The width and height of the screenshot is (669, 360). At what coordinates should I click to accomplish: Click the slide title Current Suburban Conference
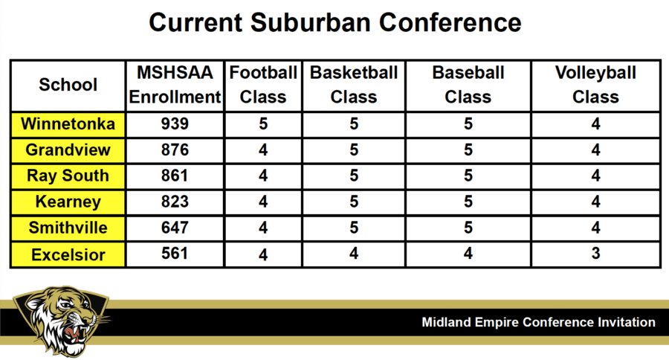point(335,22)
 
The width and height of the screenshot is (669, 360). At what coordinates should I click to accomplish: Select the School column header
point(68,85)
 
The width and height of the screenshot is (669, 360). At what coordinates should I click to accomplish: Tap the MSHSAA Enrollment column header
point(175,85)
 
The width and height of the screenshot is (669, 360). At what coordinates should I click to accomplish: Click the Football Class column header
point(263,85)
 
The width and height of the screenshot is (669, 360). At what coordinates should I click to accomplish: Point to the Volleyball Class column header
point(595,85)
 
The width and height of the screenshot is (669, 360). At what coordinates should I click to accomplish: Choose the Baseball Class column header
point(468,85)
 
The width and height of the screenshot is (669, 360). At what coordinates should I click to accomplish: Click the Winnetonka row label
point(68,124)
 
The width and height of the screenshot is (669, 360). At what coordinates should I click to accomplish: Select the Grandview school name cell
point(68,150)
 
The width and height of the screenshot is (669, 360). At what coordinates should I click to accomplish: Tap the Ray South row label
point(68,176)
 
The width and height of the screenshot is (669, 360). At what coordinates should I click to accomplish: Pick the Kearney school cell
point(68,202)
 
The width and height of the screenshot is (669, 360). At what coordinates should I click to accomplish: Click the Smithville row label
point(68,228)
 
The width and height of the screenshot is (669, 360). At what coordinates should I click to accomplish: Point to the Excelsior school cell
point(68,255)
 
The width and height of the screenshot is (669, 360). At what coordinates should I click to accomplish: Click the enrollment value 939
point(175,124)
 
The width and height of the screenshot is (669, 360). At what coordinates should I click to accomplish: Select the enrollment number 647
point(175,228)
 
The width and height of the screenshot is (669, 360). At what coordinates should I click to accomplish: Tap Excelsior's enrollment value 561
point(175,254)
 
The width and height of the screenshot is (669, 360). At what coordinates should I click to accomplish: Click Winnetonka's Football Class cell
point(263,124)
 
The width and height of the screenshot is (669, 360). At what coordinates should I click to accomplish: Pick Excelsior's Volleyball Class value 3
point(595,254)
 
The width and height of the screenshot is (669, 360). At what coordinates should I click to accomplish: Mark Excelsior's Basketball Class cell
point(354,254)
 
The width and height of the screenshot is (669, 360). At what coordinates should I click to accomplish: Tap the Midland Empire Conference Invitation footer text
point(538,322)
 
